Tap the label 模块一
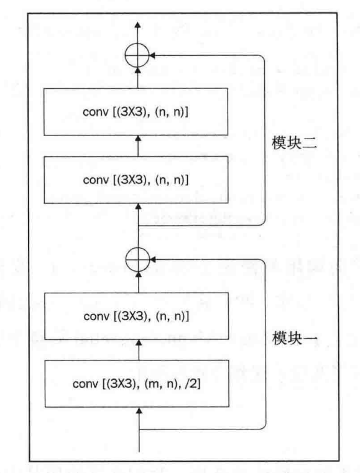click(293, 339)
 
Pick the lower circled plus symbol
click(139, 257)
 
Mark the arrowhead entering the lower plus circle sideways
click(155, 257)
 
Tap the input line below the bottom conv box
click(139, 435)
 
